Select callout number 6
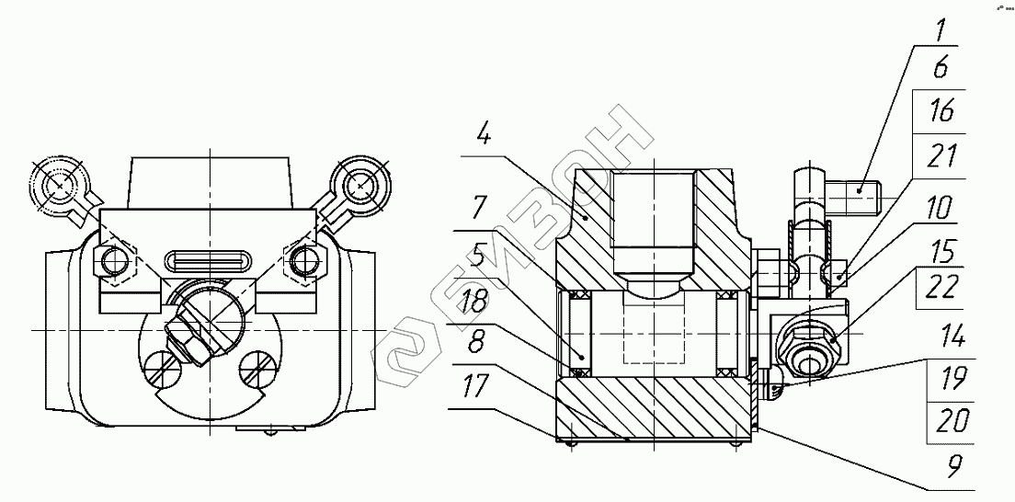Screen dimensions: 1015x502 click(x=941, y=68)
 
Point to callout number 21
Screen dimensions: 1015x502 click(x=940, y=156)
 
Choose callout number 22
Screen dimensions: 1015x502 click(x=940, y=287)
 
